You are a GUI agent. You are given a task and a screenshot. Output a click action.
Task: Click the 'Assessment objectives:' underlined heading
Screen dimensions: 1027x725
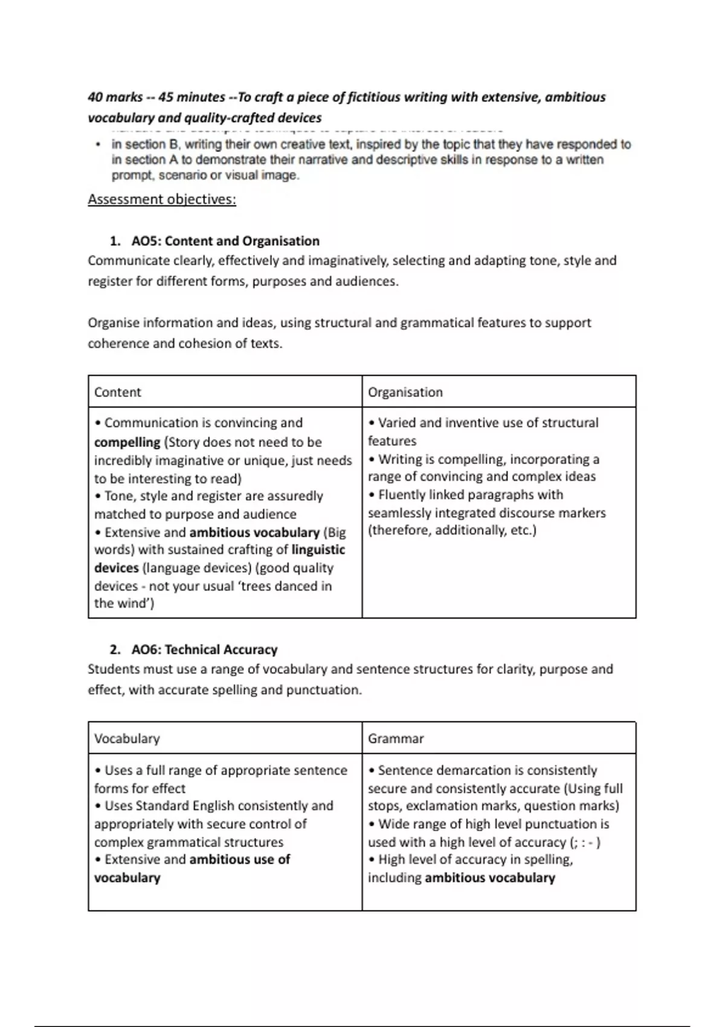tap(162, 199)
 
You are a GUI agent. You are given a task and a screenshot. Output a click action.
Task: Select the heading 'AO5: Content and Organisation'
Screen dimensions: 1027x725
tap(225, 241)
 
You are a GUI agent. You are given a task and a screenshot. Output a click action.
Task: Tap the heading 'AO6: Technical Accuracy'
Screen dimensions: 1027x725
tap(204, 649)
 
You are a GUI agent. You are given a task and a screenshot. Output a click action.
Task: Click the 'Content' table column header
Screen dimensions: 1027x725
tap(118, 392)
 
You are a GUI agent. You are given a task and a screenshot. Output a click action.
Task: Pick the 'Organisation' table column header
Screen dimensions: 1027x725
tap(405, 392)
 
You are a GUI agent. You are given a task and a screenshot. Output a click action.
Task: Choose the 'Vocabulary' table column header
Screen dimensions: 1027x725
tap(127, 738)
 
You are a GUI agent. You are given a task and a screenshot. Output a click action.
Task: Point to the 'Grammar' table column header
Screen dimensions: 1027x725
tap(396, 738)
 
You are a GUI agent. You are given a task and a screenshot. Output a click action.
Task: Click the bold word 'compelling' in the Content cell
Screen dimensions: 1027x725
tap(127, 442)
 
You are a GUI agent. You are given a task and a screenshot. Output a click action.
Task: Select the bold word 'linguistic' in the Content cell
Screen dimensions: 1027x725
tap(318, 550)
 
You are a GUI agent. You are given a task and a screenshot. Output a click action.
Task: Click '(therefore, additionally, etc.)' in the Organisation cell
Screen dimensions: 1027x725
tap(452, 530)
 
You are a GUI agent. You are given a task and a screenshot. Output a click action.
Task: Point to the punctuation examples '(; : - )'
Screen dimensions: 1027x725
tap(584, 842)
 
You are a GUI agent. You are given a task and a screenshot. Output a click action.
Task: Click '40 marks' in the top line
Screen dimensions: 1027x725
tap(115, 97)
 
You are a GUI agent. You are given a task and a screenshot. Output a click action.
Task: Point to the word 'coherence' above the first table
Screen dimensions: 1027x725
tap(118, 344)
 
